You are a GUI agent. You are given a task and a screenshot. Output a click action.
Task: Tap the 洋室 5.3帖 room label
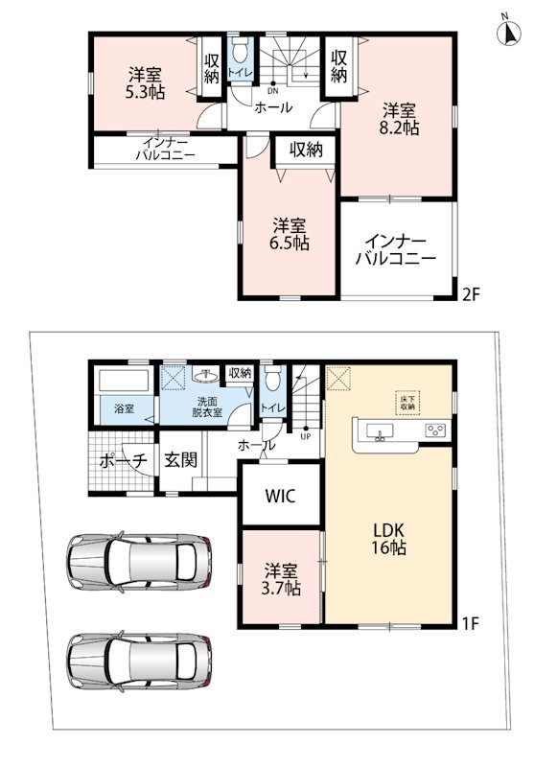pyautogui.click(x=145, y=83)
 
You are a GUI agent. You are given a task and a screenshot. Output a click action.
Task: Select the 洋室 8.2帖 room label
pyautogui.click(x=400, y=119)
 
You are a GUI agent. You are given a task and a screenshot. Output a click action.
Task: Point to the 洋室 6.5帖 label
pyautogui.click(x=290, y=235)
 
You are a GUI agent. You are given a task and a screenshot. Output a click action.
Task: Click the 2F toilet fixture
pyautogui.click(x=240, y=51)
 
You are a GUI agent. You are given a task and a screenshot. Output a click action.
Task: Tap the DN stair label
pyautogui.click(x=273, y=90)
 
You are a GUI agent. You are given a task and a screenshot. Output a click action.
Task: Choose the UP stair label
pyautogui.click(x=306, y=436)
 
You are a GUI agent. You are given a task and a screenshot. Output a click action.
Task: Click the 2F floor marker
pyautogui.click(x=472, y=294)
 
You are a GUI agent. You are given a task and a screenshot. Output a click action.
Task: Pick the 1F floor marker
pyautogui.click(x=472, y=623)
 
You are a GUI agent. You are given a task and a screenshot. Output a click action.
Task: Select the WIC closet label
pyautogui.click(x=281, y=496)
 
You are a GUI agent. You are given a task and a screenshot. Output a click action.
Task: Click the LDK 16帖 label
pyautogui.click(x=388, y=539)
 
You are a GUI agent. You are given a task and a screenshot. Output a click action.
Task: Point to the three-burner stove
pyautogui.click(x=436, y=430)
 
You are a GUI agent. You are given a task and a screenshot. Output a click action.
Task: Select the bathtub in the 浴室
pyautogui.click(x=125, y=381)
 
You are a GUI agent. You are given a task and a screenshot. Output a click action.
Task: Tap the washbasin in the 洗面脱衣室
pyautogui.click(x=205, y=376)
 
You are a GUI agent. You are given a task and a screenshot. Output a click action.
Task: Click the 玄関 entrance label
pyautogui.click(x=180, y=459)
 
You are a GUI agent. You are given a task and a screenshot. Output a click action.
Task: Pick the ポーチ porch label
pyautogui.click(x=124, y=460)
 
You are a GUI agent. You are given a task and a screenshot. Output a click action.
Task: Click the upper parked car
pyautogui.click(x=139, y=561)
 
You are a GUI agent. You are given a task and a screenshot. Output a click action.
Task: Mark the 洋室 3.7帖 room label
pyautogui.click(x=281, y=579)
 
